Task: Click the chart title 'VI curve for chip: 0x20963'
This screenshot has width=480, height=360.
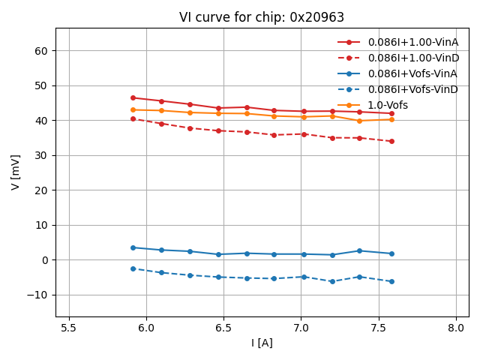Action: [262, 17]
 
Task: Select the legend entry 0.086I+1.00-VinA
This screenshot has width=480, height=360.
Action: [412, 43]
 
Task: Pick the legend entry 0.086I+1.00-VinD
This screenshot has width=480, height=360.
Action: [412, 58]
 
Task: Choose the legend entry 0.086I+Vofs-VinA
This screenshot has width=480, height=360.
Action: [412, 73]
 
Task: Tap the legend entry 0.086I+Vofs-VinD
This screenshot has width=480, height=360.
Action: [412, 89]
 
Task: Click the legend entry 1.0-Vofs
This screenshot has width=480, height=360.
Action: [388, 105]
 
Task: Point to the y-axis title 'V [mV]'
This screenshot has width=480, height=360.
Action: [16, 172]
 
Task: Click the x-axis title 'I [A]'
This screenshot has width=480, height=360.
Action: [262, 343]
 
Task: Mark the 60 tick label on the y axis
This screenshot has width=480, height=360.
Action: [40, 51]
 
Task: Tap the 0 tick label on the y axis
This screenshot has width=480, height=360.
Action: [44, 260]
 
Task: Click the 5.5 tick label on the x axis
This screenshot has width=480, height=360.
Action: [69, 328]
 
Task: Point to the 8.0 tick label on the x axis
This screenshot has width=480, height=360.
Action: [456, 328]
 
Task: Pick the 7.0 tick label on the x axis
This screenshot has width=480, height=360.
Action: [301, 328]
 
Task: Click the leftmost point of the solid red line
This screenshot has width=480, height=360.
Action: [133, 97]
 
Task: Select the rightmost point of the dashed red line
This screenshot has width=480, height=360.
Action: [391, 141]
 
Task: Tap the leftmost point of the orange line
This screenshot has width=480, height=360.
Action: [133, 109]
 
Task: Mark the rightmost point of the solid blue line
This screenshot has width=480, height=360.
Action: [391, 253]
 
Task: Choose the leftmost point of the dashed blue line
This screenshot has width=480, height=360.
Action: [133, 268]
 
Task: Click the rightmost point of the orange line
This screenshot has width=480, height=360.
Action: [391, 119]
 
